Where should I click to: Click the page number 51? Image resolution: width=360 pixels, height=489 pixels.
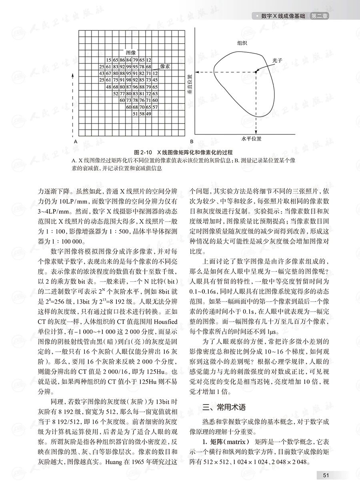pos(326,475)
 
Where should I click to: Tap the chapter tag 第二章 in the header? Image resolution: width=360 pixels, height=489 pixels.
pos(322,16)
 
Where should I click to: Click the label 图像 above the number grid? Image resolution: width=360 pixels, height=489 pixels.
pos(131,53)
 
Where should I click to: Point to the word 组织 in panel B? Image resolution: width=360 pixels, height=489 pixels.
pos(242,43)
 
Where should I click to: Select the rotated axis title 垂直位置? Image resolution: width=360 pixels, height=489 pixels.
pos(190,84)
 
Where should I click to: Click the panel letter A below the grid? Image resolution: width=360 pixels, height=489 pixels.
pos(75,142)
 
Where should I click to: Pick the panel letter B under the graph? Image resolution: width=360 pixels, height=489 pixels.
pos(192,142)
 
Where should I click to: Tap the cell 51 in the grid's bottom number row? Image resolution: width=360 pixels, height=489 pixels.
pos(135,114)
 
